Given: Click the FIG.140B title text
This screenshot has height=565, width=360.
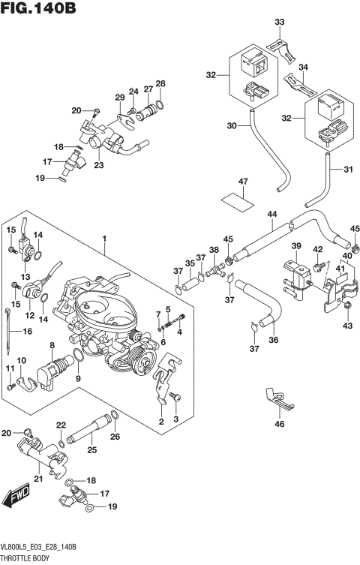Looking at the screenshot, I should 39,9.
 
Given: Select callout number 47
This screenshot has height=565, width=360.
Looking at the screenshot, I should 242,182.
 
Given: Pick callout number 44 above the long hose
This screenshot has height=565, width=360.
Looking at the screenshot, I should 272,215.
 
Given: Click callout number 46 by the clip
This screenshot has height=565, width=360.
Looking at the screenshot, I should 280,425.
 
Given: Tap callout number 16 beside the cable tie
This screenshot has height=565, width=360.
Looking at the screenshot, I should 28,330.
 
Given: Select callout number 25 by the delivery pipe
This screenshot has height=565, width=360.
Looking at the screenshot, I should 91,450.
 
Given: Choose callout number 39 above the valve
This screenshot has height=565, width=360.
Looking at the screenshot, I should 295,247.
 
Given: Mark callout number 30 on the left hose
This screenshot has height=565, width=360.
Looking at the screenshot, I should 231,125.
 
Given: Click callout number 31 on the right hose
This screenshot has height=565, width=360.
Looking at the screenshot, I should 347,169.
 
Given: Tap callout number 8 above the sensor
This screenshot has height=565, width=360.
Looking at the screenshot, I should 51,345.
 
